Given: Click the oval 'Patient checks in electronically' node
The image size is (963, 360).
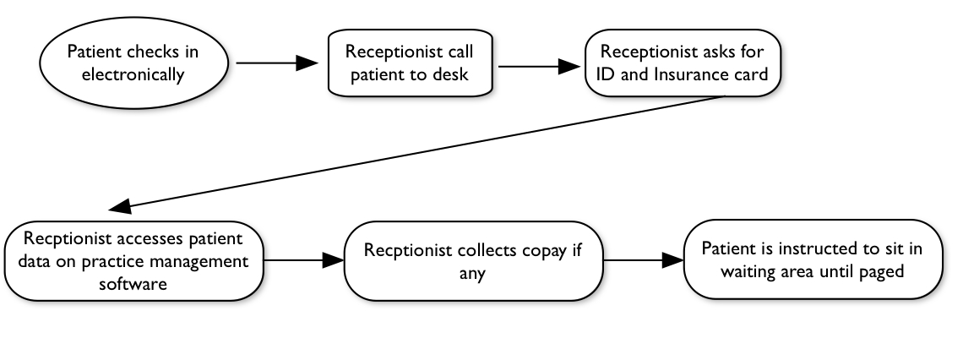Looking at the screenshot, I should [x=133, y=63].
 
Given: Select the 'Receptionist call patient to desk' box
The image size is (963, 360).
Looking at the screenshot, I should [x=409, y=63].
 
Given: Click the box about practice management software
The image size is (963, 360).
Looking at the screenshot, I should [x=133, y=260].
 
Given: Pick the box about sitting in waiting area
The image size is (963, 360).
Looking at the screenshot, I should [x=816, y=261].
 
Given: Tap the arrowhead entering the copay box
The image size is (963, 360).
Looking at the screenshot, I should [x=333, y=261].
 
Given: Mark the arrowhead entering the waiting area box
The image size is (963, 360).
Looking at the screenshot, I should [x=672, y=261].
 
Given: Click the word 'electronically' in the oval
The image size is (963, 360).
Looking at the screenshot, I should [x=133, y=74].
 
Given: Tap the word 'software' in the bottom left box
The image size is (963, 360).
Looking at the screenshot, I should [x=133, y=283].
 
